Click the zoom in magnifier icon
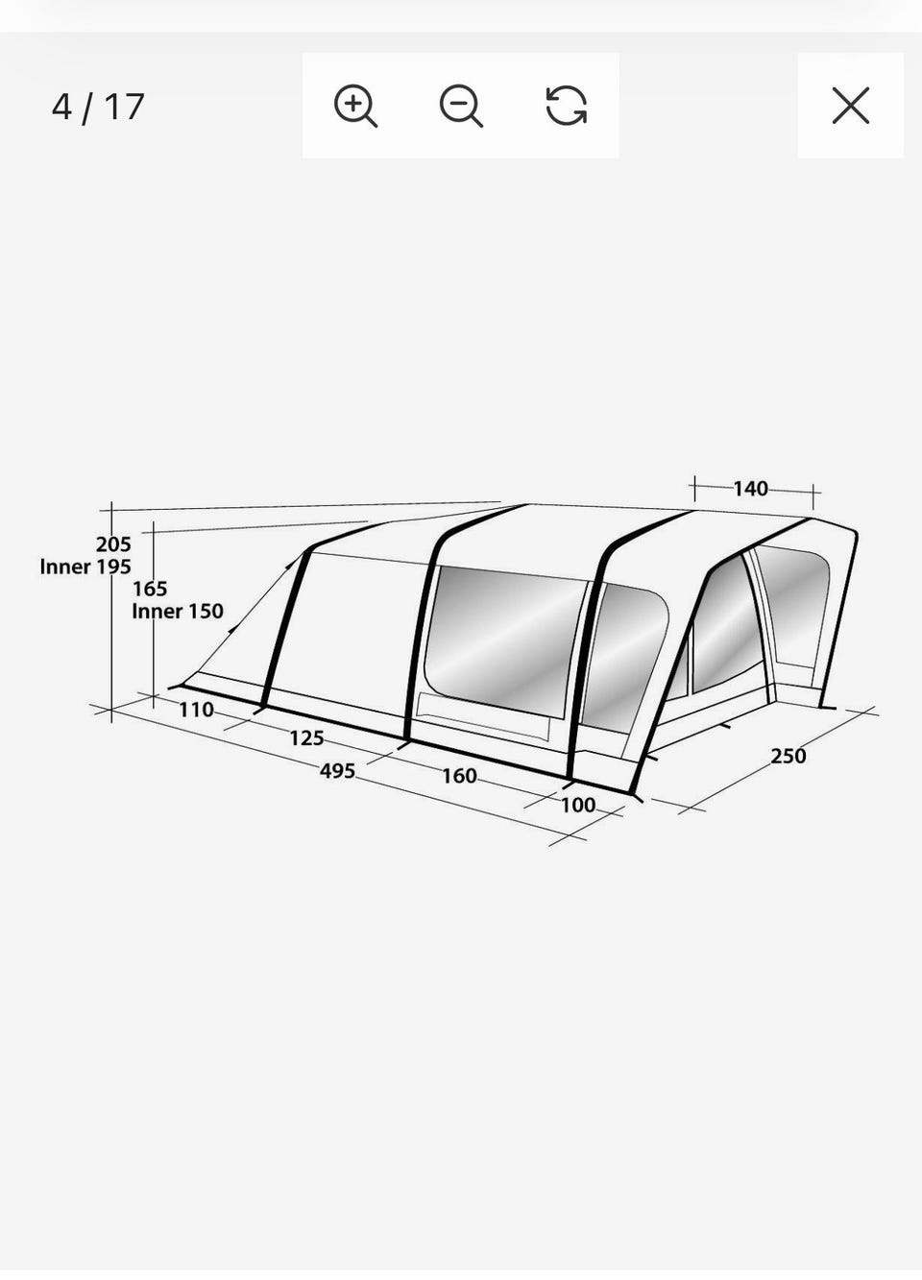click(355, 106)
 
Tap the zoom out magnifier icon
click(461, 106)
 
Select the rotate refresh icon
click(567, 106)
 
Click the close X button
click(851, 106)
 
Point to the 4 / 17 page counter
click(98, 107)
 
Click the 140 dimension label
click(750, 489)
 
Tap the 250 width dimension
click(789, 756)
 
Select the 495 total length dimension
click(337, 771)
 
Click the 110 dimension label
click(196, 710)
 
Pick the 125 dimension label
click(307, 738)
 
